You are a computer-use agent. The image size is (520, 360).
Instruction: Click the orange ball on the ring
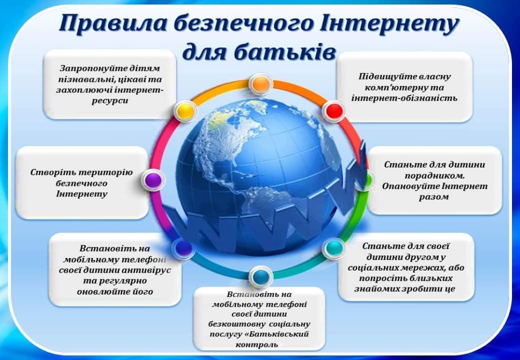pos(261,84)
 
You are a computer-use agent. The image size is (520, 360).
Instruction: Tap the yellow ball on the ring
pos(185,111)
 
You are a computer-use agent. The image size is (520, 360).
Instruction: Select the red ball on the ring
pos(334,111)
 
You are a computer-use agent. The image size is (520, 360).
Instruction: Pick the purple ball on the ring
pos(153,180)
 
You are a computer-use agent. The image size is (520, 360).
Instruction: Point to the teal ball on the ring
pos(334,247)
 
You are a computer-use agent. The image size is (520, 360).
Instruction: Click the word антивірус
pos(147,270)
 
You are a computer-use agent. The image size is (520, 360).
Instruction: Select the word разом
pos(434,197)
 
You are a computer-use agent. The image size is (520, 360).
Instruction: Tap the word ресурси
pos(110,101)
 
